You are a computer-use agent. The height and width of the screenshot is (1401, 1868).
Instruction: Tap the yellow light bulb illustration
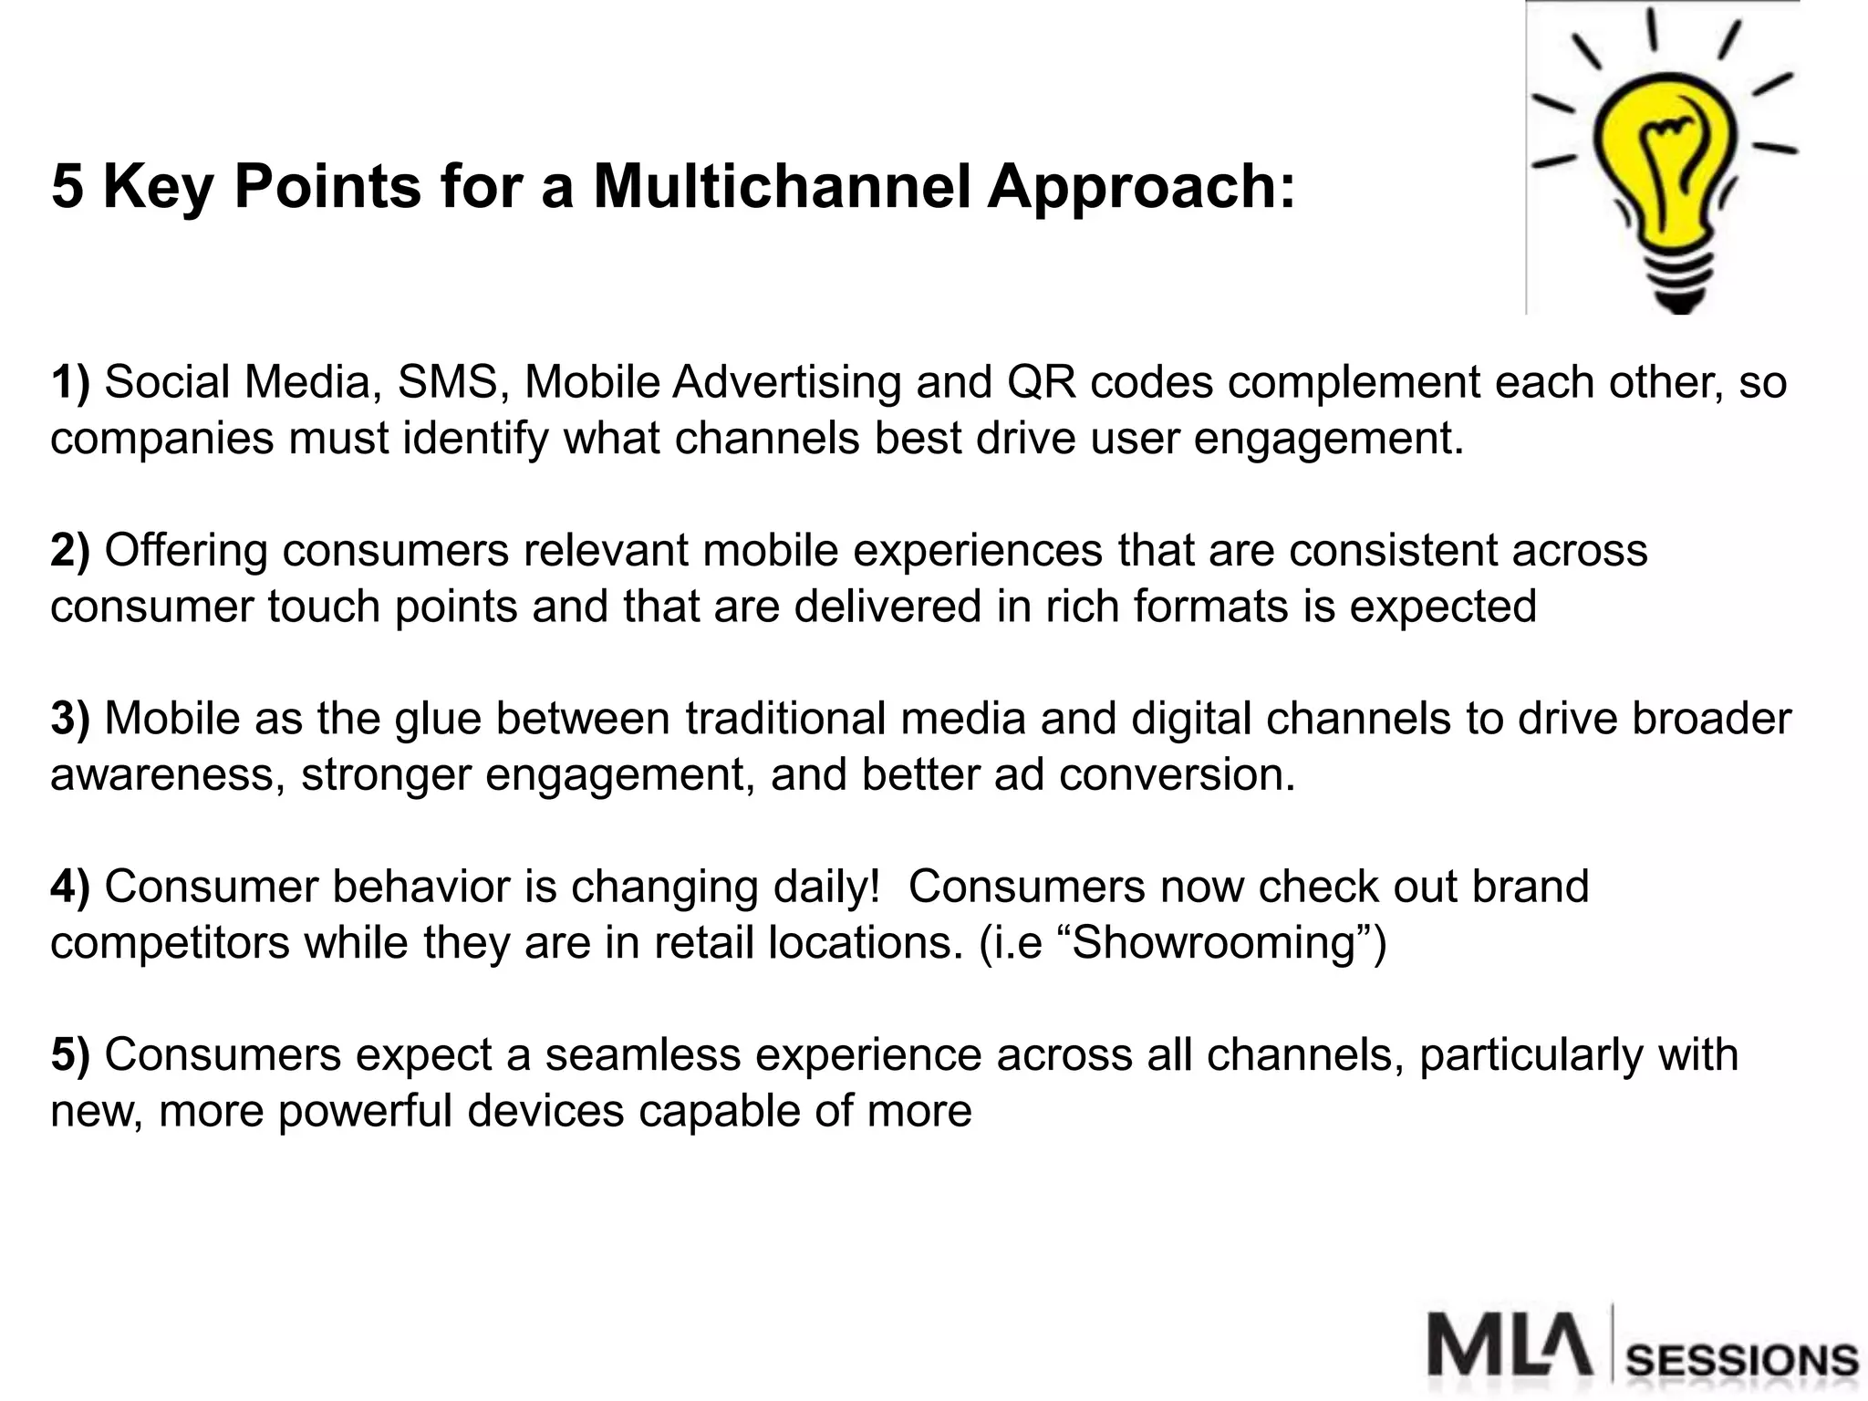(x=1665, y=164)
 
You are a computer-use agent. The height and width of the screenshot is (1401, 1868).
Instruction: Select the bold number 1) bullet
(x=70, y=382)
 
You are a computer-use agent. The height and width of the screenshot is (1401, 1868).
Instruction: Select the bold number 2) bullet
(x=70, y=551)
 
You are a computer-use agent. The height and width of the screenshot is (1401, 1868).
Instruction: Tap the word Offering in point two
(x=185, y=551)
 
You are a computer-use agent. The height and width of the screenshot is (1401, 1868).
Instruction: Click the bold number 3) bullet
(x=70, y=719)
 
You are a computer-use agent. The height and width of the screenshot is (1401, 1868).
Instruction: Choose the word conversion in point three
(x=1177, y=775)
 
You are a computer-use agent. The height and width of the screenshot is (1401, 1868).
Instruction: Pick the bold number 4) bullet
(x=70, y=887)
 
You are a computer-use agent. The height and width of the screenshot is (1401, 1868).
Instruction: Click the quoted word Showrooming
(x=1214, y=943)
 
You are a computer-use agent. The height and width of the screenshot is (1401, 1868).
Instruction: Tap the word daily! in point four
(x=826, y=887)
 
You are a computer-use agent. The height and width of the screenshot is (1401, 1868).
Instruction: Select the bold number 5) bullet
(x=70, y=1055)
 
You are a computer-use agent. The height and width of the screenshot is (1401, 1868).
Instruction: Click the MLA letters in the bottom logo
(x=1510, y=1344)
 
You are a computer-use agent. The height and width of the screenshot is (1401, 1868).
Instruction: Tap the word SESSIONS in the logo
(x=1742, y=1362)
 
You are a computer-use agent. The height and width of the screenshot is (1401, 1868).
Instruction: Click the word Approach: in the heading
(x=1140, y=186)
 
